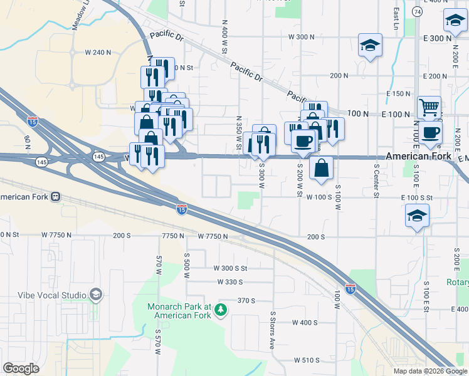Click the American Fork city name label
tap(418, 156)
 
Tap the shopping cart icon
tap(429, 107)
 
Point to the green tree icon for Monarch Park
tap(220, 310)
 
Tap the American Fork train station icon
tap(56, 196)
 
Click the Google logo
tap(21, 368)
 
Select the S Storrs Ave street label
tap(273, 330)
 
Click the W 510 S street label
tap(307, 360)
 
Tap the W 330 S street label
tap(230, 282)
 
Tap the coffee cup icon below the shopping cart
tap(431, 132)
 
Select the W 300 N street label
tap(301, 37)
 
